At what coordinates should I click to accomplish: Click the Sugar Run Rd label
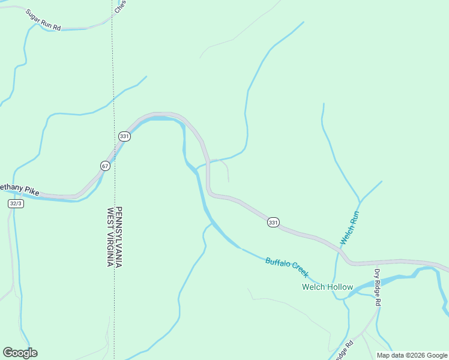(x=44, y=20)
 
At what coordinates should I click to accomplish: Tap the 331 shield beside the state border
(x=124, y=136)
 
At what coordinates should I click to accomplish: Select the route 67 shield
(x=105, y=166)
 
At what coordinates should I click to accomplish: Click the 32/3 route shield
(x=16, y=203)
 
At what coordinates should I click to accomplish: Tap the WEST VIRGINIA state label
(x=110, y=236)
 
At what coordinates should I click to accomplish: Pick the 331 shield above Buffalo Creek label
(x=273, y=223)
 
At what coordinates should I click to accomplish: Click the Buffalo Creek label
(x=286, y=267)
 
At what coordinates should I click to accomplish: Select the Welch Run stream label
(x=349, y=227)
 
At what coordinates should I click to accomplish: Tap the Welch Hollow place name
(x=327, y=287)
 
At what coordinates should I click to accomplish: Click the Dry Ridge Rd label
(x=378, y=288)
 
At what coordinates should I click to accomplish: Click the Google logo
(x=20, y=352)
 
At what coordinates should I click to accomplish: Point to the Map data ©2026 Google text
(x=412, y=355)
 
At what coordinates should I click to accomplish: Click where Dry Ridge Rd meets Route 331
(x=377, y=262)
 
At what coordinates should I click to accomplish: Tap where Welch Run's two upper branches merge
(x=360, y=200)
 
